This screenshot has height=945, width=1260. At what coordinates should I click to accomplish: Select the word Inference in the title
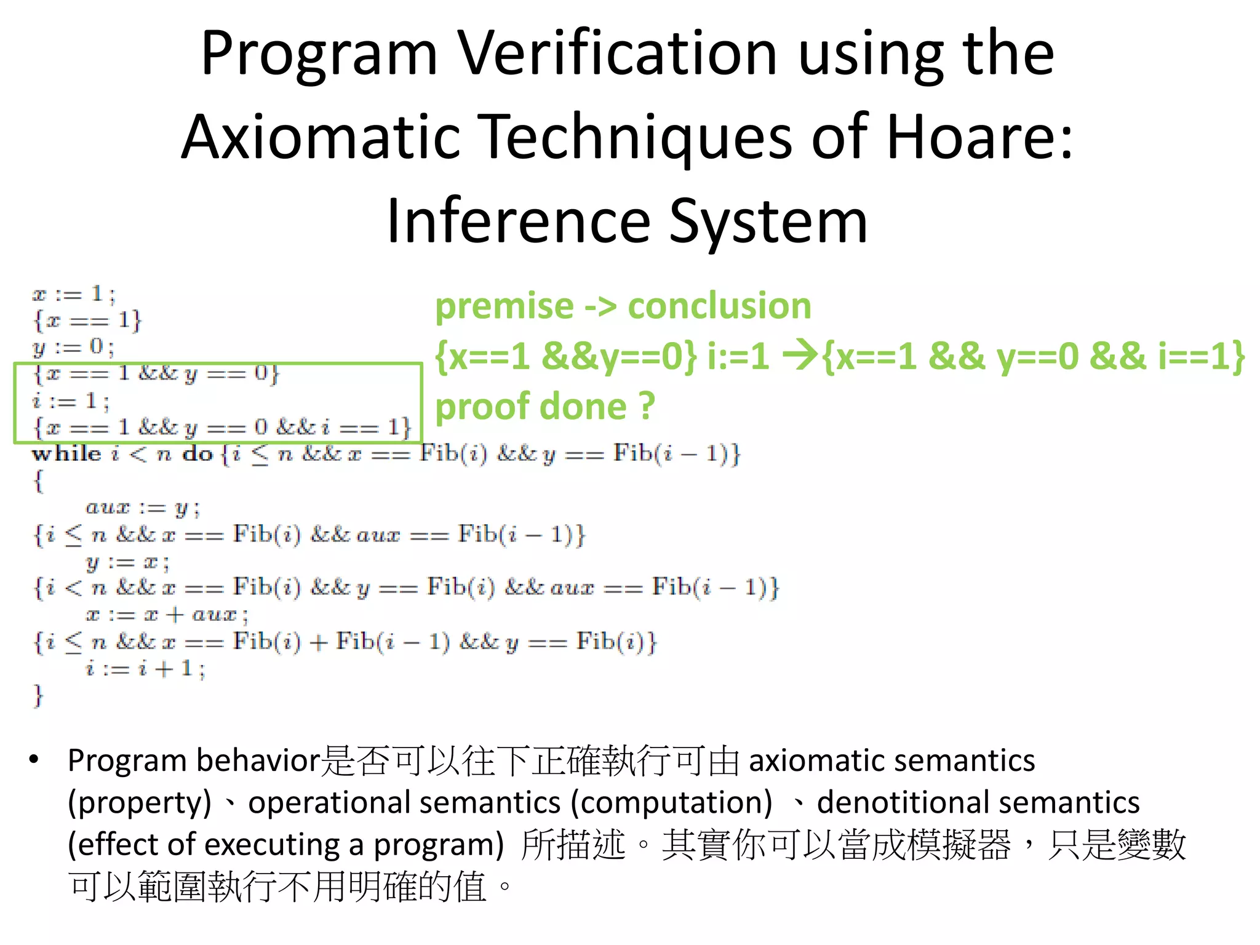pyautogui.click(x=518, y=221)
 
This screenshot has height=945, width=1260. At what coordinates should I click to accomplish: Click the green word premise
pyautogui.click(x=504, y=306)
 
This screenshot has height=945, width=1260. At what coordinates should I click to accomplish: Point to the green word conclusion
pyautogui.click(x=719, y=306)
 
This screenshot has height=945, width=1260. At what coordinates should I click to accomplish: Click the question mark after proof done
pyautogui.click(x=647, y=407)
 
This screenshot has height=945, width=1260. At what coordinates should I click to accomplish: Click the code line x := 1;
pyautogui.click(x=74, y=294)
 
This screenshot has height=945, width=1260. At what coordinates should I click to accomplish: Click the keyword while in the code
pyautogui.click(x=66, y=454)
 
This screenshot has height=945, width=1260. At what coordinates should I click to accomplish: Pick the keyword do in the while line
pyautogui.click(x=197, y=454)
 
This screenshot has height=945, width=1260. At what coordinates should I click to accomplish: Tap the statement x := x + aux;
pyautogui.click(x=167, y=615)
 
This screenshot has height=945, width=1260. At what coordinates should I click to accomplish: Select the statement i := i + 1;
pyautogui.click(x=145, y=669)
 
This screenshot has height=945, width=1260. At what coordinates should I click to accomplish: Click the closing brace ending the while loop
pyautogui.click(x=38, y=696)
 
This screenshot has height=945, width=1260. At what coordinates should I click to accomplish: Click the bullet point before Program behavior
pyautogui.click(x=34, y=759)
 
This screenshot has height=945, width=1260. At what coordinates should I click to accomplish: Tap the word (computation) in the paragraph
pyautogui.click(x=671, y=802)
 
